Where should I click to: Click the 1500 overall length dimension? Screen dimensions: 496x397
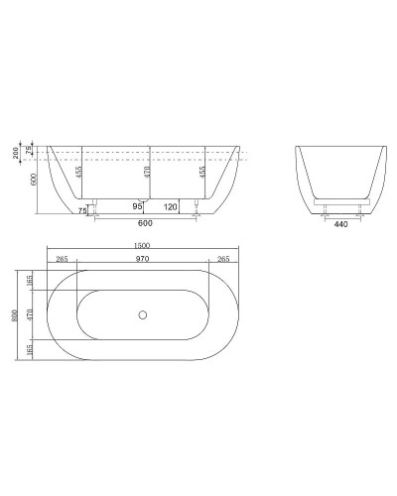tap(144, 246)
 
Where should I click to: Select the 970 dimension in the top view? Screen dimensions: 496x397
tap(144, 259)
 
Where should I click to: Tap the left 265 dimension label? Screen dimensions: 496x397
tap(63, 259)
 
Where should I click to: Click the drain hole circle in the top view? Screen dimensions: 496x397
tap(144, 315)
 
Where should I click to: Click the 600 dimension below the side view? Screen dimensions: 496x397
tap(144, 222)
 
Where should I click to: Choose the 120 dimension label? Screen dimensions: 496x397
tap(170, 206)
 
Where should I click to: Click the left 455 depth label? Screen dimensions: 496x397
tap(79, 171)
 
